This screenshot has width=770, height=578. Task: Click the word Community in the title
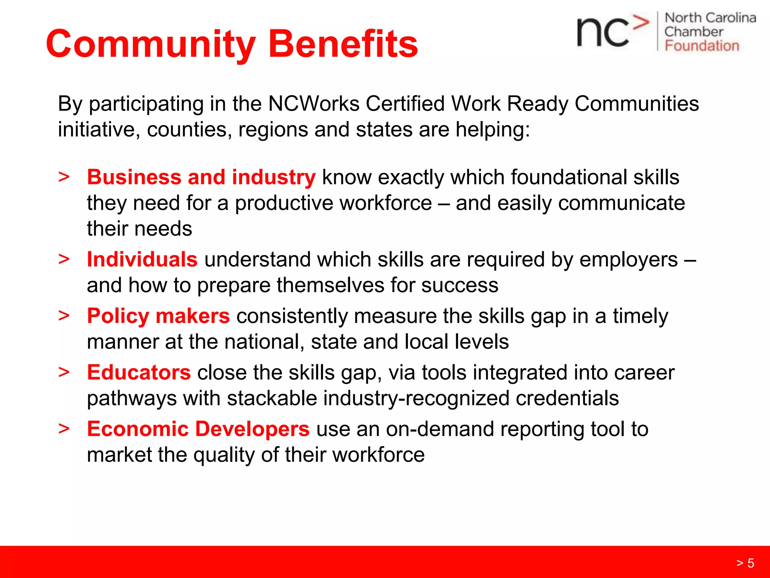pos(150,44)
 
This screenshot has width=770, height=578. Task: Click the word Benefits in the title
pos(343,44)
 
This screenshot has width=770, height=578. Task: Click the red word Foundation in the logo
pos(702,46)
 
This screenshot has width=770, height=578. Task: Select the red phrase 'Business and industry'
pos(201,177)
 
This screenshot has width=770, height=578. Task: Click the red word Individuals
pos(142,260)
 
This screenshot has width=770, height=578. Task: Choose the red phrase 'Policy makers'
pos(158,316)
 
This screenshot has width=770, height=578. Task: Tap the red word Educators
pos(139,373)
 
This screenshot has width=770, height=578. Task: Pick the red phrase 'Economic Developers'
pos(198,429)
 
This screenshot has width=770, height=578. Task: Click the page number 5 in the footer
pos(750,563)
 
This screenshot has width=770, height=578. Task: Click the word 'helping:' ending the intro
pos(493,129)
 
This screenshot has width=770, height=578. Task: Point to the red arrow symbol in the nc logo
pos(641,23)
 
